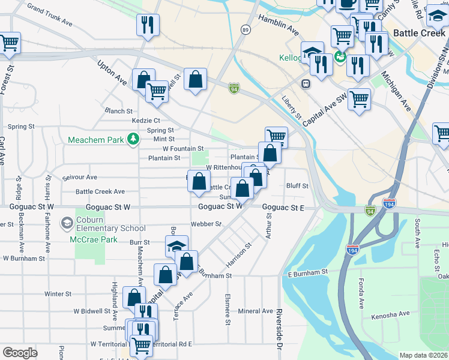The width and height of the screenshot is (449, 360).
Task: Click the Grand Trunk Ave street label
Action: pyautogui.click(x=49, y=17)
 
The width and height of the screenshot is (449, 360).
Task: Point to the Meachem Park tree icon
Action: pyautogui.click(x=132, y=140)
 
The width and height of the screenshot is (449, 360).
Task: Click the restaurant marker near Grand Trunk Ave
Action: pyautogui.click(x=148, y=25)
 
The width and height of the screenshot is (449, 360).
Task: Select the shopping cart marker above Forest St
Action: pyautogui.click(x=9, y=43)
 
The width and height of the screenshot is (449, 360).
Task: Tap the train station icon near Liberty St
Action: pyautogui.click(x=306, y=83)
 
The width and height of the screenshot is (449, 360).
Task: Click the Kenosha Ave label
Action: pyautogui.click(x=390, y=314)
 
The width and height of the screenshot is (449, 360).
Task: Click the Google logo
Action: pyautogui.click(x=20, y=353)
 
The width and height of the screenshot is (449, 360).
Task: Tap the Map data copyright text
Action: pyautogui.click(x=424, y=355)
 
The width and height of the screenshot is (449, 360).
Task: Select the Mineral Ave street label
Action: pyautogui.click(x=255, y=311)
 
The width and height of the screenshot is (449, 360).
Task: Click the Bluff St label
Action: pyautogui.click(x=297, y=186)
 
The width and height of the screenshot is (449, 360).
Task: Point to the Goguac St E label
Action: pyautogui.click(x=283, y=208)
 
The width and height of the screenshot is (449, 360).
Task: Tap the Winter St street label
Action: pyautogui.click(x=58, y=294)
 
